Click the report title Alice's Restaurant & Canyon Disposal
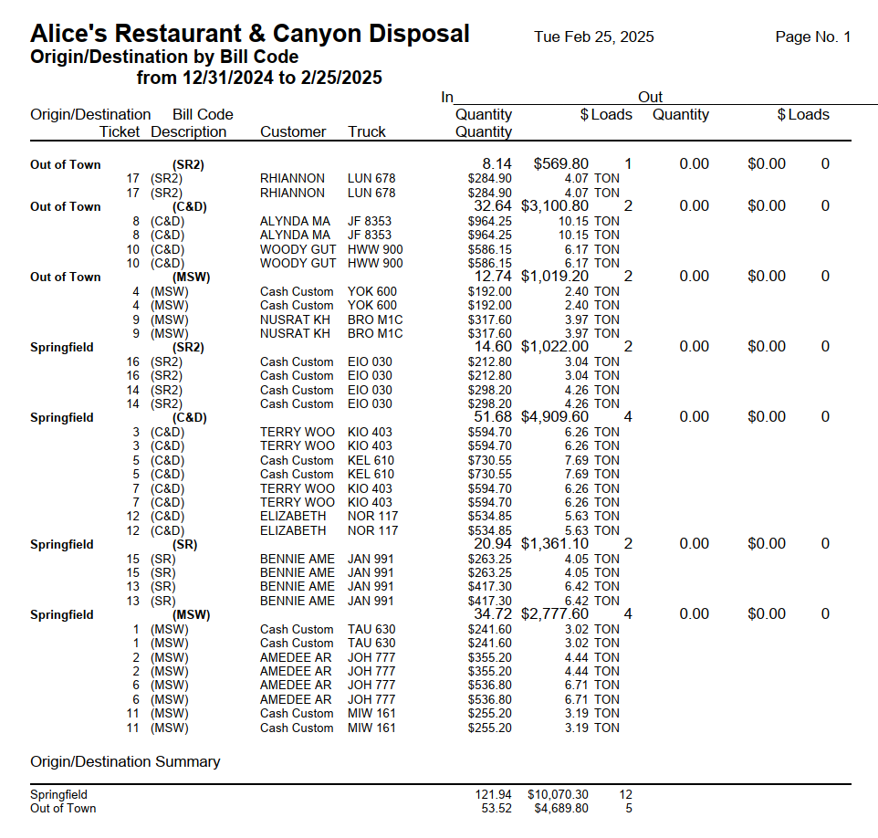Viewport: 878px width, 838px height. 250,35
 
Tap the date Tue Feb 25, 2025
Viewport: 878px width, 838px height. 594,37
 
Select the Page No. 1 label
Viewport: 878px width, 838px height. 812,37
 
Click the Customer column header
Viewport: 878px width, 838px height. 293,132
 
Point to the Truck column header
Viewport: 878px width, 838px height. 367,132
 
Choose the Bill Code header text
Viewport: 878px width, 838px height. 203,115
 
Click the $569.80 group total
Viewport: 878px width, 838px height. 555,164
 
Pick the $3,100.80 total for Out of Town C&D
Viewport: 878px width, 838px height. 555,206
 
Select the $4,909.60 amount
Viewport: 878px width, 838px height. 555,417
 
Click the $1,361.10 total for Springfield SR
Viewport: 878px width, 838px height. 555,544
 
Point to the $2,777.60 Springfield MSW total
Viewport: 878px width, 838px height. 555,614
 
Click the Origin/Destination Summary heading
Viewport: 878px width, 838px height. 125,761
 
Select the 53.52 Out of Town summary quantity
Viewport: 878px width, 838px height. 496,808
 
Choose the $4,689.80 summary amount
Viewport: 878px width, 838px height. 561,808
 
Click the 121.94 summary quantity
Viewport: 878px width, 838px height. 493,795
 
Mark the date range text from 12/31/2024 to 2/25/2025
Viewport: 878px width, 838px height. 259,79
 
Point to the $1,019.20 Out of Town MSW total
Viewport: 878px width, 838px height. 555,277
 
